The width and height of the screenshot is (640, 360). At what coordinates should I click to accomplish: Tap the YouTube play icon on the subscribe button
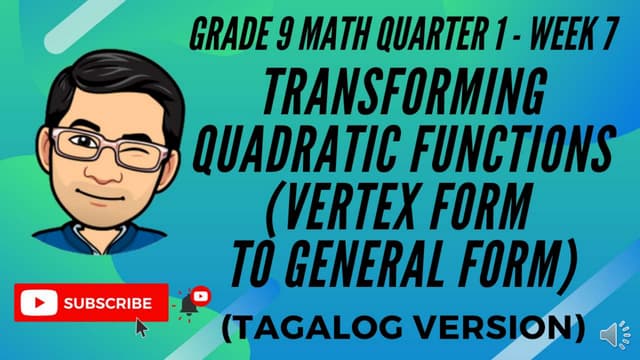coord(39,302)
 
